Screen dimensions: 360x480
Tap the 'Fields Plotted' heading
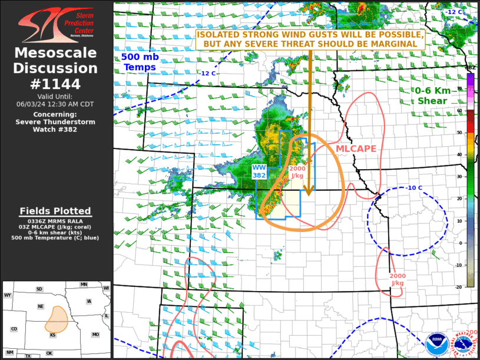(55, 211)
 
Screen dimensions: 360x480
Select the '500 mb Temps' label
(139, 62)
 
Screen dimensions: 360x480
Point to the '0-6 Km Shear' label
(432, 95)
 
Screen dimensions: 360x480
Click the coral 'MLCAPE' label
(356, 148)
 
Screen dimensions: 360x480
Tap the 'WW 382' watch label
(259, 171)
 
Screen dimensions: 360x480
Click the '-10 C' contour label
(414, 188)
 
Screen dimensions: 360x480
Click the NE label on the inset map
(41, 306)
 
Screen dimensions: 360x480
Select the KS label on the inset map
(52, 335)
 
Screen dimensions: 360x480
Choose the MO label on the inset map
(95, 335)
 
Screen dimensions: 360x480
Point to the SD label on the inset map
(39, 289)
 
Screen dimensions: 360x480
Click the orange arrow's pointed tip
(307, 194)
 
